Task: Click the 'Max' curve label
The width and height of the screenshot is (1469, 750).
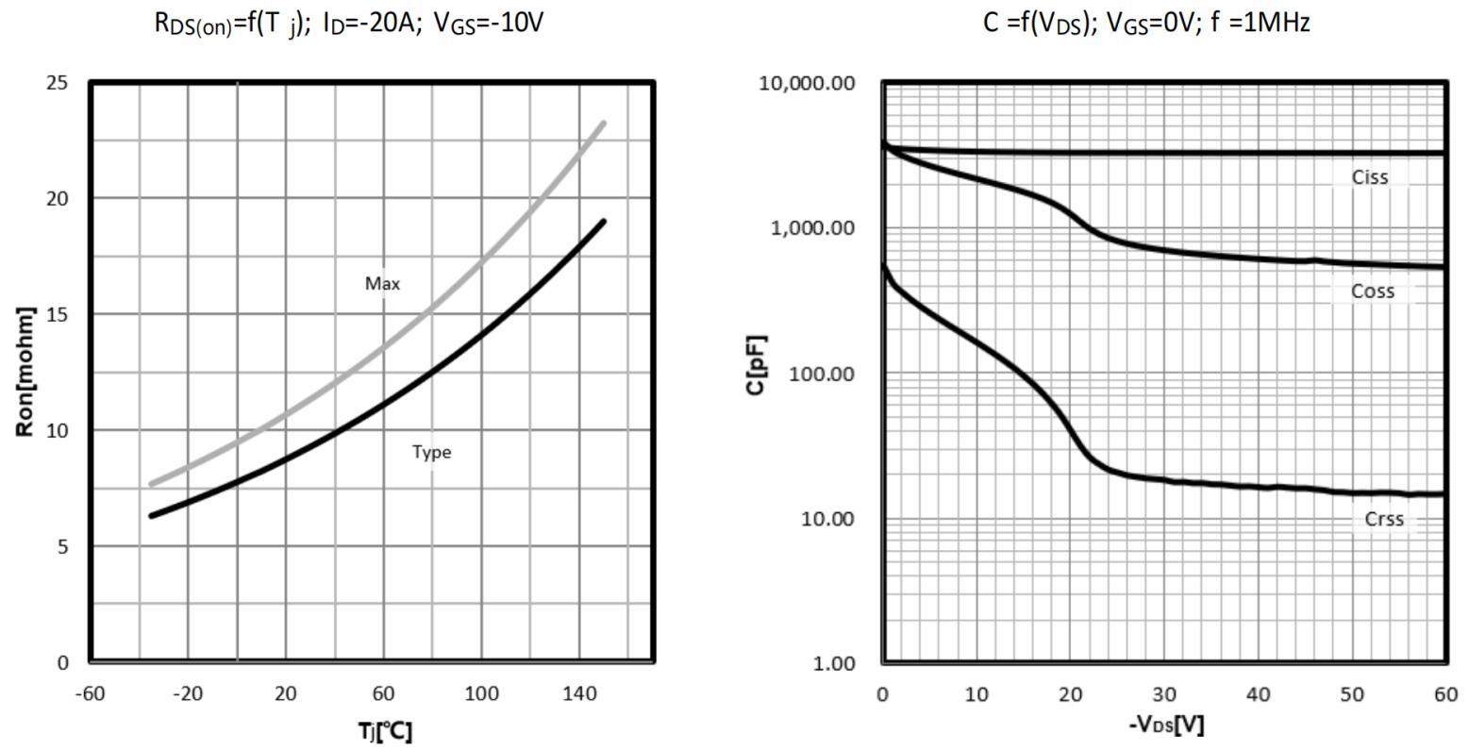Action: pos(382,283)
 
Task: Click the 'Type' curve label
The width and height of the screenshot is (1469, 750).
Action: pos(431,452)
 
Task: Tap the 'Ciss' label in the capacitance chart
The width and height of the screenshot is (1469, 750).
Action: pos(1370,177)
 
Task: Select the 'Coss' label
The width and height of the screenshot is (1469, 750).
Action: pos(1373,292)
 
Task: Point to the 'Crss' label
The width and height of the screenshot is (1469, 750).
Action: pos(1384,519)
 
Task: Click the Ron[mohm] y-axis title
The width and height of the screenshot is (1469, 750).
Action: pos(25,372)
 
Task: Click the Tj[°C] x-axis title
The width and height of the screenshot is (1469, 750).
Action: pos(384,731)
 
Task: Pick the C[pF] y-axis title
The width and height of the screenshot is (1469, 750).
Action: pos(756,365)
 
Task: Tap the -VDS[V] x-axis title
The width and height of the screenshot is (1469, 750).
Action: pos(1166,725)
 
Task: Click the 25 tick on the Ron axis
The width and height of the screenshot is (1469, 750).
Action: pos(58,83)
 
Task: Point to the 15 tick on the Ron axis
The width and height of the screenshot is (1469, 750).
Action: pos(58,314)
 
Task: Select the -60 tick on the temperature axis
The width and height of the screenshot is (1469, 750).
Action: pos(90,694)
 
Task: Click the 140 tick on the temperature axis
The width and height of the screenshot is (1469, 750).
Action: pos(579,694)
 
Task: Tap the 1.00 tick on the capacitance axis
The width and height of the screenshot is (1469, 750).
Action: pos(833,663)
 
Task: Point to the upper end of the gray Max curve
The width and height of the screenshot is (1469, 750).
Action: pos(603,123)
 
